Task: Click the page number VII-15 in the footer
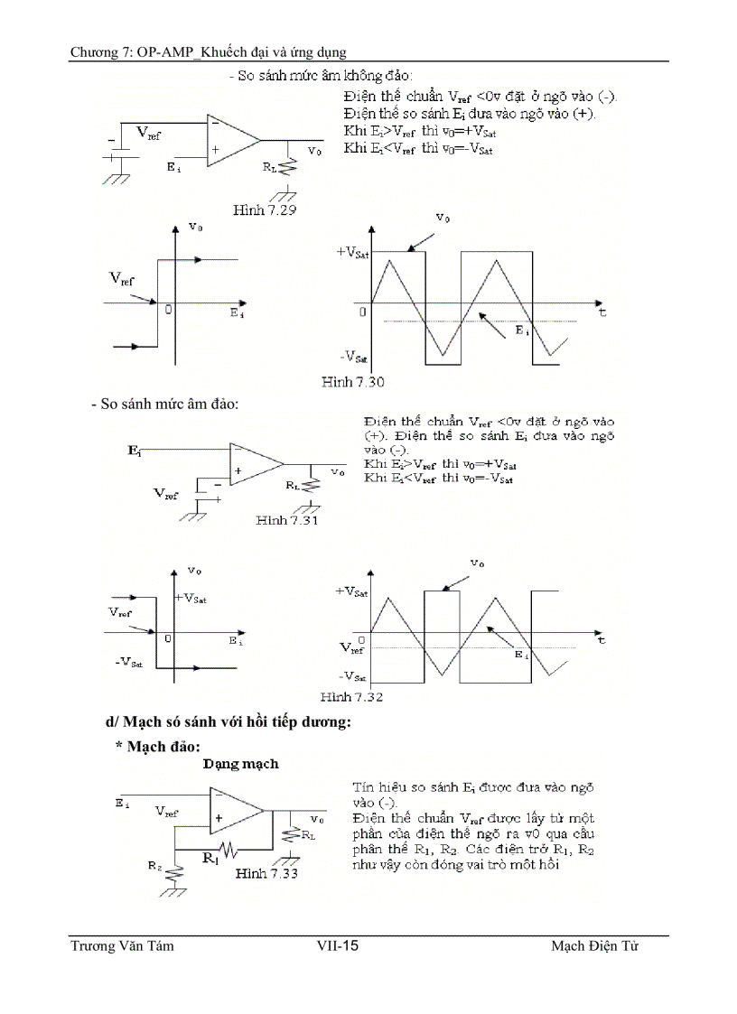click(338, 946)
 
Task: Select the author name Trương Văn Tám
click(122, 946)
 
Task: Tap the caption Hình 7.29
click(266, 209)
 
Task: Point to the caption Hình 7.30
click(353, 382)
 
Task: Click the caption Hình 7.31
click(286, 520)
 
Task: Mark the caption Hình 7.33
click(267, 873)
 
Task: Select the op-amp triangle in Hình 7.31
click(253, 464)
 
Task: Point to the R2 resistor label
click(156, 864)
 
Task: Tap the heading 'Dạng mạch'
click(240, 764)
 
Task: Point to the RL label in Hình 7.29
click(269, 167)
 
